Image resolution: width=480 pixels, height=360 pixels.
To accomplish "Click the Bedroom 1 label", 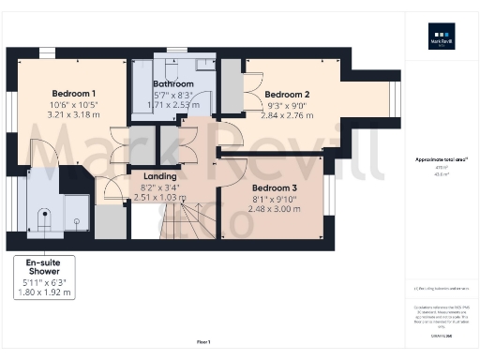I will click(x=72, y=94).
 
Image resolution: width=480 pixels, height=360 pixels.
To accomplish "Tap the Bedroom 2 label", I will click(x=287, y=95).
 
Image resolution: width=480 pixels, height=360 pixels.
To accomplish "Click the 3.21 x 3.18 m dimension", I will click(x=72, y=114).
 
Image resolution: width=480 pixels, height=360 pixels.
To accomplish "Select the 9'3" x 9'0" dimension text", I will click(x=287, y=105).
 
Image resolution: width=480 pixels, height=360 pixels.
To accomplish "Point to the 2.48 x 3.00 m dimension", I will click(x=276, y=208).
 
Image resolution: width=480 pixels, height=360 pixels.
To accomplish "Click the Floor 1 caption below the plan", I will click(x=203, y=340).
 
